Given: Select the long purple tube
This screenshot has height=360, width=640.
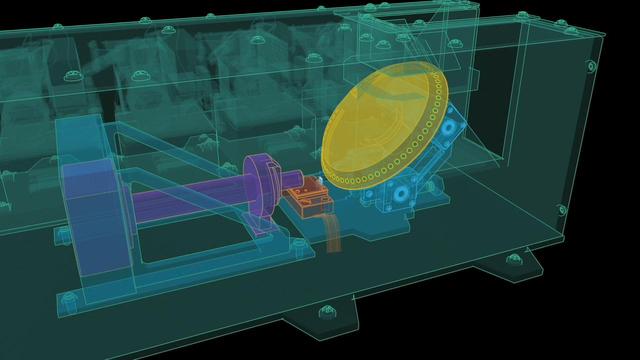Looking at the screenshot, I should (x=190, y=190).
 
